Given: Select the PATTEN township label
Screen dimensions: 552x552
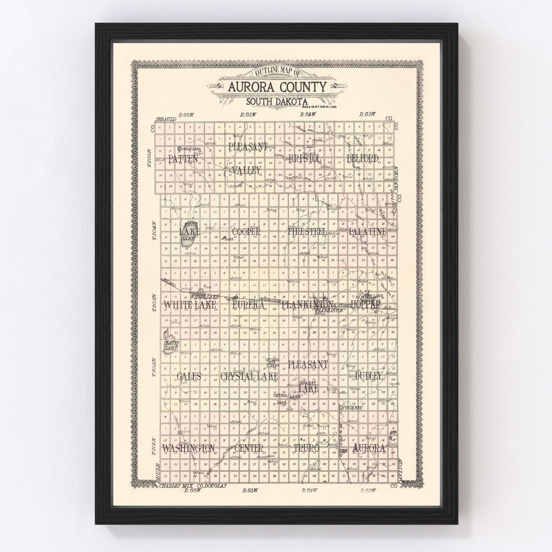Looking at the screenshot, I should coord(182,159).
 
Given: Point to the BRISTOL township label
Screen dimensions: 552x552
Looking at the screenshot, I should coord(305,159).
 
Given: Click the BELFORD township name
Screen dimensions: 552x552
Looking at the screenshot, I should coord(362,158).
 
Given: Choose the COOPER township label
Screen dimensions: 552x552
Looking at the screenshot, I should coord(246,232).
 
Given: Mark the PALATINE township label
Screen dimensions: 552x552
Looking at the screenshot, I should coord(367,232).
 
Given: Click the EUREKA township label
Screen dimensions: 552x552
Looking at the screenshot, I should coord(248,305).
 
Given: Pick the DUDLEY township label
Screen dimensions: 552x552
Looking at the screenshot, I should coord(369,376).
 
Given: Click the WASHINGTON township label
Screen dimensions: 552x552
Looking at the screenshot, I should coord(189,448).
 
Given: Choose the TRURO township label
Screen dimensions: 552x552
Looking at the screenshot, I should coord(307,448).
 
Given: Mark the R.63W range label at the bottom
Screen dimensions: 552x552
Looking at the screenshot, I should coord(367,491).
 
